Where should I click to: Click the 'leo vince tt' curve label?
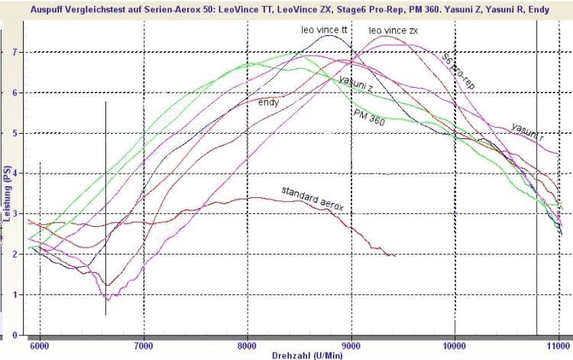coord(324,29)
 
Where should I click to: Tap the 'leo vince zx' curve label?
coord(393,31)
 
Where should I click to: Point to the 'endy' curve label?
coord(268,102)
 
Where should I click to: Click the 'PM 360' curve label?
coord(368,113)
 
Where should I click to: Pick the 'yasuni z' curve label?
coord(355,86)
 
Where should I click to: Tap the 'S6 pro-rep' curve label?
coord(458,71)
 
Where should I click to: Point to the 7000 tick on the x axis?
coord(143,345)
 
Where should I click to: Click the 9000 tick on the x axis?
coord(351,345)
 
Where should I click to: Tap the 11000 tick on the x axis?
coord(558,345)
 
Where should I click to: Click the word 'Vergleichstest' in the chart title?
coord(95,8)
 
